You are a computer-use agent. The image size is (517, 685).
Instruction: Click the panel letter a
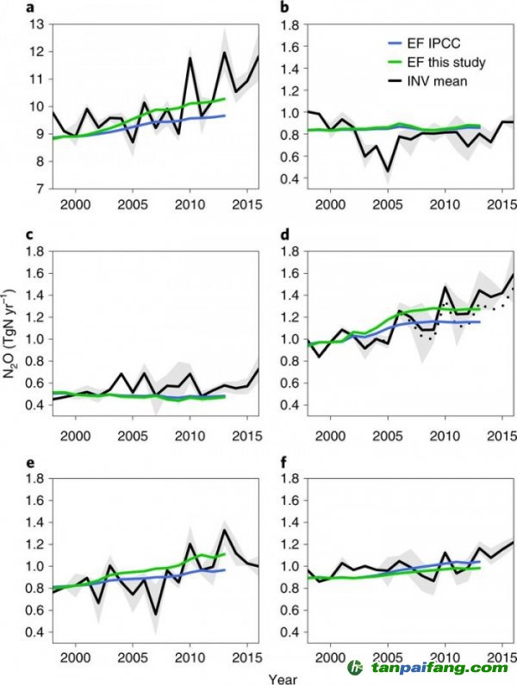click(29, 8)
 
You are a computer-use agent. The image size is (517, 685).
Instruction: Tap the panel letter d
click(285, 235)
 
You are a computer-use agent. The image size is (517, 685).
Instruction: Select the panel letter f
click(284, 462)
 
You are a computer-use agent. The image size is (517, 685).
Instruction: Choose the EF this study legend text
click(446, 63)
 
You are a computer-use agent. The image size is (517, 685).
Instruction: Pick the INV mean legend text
click(438, 81)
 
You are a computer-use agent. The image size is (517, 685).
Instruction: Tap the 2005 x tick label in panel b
click(388, 204)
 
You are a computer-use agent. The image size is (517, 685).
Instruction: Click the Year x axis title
click(283, 679)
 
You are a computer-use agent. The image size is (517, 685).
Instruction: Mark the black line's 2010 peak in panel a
click(190, 57)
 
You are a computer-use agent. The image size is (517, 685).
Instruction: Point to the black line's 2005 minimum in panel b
click(387, 171)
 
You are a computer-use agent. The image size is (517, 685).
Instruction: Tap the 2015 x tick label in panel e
click(247, 657)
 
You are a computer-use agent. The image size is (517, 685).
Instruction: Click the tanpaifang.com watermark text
click(439, 668)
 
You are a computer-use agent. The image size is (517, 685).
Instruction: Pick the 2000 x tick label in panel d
click(330, 436)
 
